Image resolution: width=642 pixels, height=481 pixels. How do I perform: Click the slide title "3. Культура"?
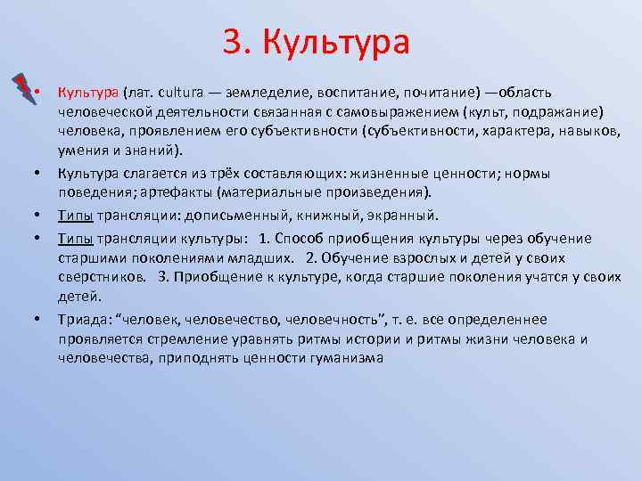(316, 42)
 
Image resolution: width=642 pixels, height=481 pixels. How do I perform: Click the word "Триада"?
(82, 320)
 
